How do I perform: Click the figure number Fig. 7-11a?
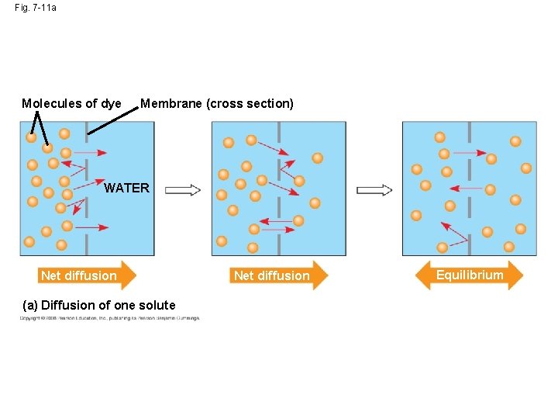[x=36, y=8]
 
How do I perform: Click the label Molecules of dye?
[x=71, y=104]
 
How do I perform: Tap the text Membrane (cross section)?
[x=217, y=104]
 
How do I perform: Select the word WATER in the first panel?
[x=126, y=189]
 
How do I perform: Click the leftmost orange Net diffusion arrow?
[x=86, y=275]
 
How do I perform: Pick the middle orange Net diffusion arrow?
[x=279, y=275]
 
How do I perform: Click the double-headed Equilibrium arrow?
[x=470, y=275]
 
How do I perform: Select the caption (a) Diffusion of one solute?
[x=98, y=305]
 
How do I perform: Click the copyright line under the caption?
[x=109, y=318]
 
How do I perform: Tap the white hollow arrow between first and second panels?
[x=184, y=190]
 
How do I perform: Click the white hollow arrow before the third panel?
[x=374, y=190]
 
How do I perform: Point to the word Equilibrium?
[x=470, y=275]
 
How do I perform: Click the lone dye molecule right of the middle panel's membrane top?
[x=317, y=158]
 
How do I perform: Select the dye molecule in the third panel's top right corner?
[x=515, y=141]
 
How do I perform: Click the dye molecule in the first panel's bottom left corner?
[x=29, y=242]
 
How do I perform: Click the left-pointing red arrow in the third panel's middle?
[x=466, y=188]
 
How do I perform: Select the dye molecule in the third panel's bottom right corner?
[x=509, y=247]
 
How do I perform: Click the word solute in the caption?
[x=157, y=305]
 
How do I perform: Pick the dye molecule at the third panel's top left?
[x=439, y=137]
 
